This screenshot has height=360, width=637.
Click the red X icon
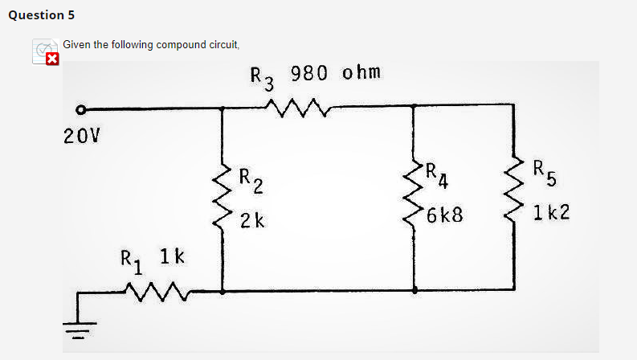tap(51, 59)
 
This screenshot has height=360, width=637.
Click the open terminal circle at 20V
tap(80, 109)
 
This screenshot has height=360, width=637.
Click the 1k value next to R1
tap(173, 257)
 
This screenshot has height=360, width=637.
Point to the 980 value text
tap(310, 74)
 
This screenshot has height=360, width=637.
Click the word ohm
tap(360, 73)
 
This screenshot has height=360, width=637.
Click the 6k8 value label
tap(445, 215)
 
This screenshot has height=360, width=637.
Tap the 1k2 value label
tap(550, 214)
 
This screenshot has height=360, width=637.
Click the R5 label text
tap(543, 171)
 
